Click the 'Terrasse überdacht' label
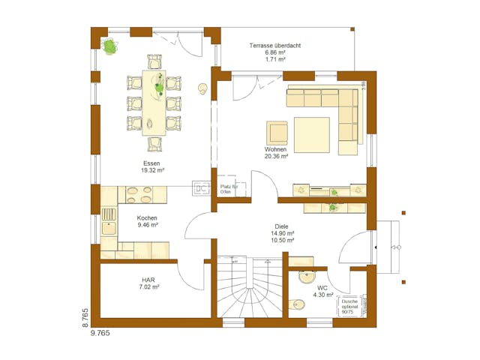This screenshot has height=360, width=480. coord(275,46)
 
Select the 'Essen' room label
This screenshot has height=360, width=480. coord(151,163)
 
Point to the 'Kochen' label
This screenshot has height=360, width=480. coord(148,216)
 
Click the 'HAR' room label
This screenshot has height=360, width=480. coord(148,278)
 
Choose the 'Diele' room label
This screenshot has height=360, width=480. coord(281,226)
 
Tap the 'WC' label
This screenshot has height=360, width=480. coord(322,287)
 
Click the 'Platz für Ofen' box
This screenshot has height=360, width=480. coord(229,189)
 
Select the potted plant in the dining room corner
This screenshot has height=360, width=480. coord(111,47)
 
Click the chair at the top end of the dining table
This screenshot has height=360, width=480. coord(154,61)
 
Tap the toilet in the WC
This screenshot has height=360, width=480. coord(298,304)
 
